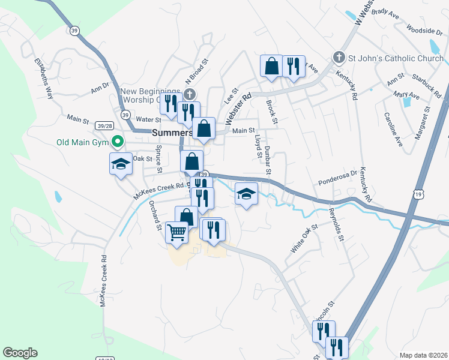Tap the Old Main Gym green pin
coord(118,142)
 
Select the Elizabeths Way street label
coord(44,78)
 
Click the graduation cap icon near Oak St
coord(120,163)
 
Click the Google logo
coord(20,353)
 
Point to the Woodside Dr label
coord(424,31)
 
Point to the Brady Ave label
coord(385,11)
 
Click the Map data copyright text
coord(422,355)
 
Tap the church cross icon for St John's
coord(339,58)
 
